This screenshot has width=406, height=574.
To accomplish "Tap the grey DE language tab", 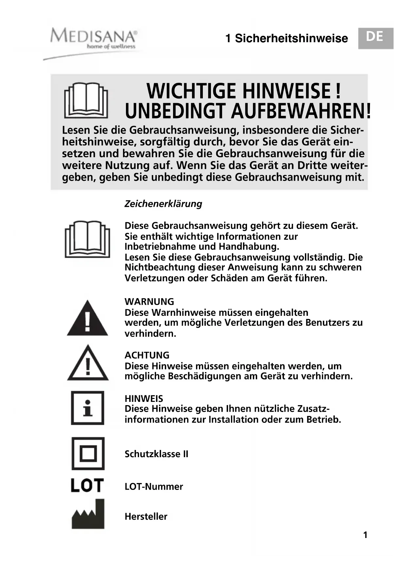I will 375,38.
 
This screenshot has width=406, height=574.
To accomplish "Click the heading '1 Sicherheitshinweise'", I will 287,39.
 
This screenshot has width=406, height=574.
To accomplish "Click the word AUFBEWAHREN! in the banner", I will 301,111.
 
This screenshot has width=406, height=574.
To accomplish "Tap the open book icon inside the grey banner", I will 86,100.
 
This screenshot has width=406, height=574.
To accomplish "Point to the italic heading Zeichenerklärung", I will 163,204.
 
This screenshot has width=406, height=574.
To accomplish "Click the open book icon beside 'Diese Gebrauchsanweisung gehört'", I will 87,239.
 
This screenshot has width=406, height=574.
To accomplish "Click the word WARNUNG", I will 149,301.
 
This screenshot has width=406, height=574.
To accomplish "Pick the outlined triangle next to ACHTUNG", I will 88,363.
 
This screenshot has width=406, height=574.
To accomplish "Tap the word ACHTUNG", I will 147,355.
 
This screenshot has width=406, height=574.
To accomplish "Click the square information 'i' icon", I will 87,408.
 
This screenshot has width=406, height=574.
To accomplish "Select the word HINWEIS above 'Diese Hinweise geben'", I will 144,399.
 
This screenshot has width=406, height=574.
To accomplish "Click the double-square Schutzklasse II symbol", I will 88,454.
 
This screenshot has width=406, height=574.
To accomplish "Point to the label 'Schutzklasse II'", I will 156,454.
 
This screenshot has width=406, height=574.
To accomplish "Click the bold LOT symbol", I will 87,485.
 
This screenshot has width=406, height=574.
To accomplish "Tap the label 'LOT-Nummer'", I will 154,487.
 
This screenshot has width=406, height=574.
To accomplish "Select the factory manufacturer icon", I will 88,514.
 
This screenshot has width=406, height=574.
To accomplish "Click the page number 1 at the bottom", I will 365,535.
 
